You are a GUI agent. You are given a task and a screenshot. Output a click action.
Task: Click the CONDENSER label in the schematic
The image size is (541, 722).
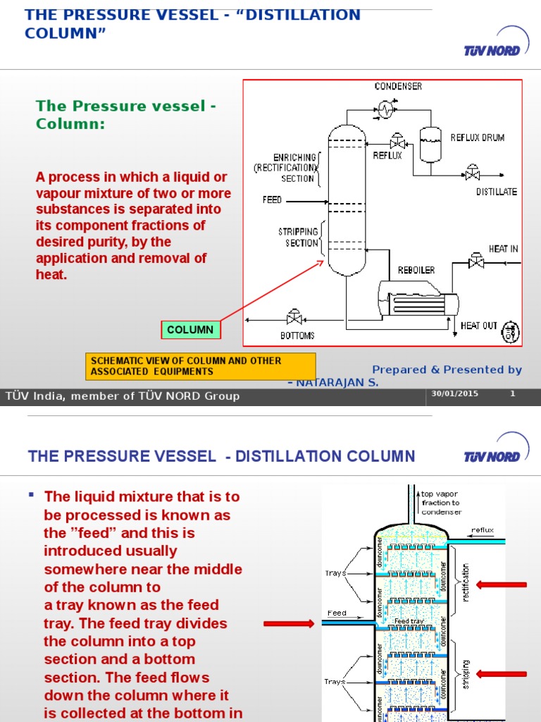click(x=398, y=86)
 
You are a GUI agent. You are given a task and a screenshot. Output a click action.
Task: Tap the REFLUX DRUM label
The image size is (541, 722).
click(x=477, y=137)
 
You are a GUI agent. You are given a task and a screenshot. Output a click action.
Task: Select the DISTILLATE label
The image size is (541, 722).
click(x=496, y=191)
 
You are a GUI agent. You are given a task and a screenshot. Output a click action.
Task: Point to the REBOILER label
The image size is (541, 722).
click(x=416, y=270)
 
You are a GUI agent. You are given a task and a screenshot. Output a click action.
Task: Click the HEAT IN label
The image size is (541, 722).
click(x=503, y=249)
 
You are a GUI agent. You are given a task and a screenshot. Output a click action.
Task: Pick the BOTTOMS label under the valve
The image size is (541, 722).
click(x=297, y=336)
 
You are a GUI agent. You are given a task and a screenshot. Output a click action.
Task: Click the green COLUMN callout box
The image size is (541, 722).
click(x=190, y=329)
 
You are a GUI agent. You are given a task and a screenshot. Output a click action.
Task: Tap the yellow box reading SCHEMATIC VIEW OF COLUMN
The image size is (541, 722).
click(x=200, y=365)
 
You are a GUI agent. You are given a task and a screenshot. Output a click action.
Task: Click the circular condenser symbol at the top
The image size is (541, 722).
click(x=385, y=109)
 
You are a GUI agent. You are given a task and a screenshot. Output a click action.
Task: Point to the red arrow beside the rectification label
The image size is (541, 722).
click(x=502, y=584)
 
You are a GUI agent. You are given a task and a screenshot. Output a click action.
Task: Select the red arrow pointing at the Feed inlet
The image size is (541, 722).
click(x=289, y=623)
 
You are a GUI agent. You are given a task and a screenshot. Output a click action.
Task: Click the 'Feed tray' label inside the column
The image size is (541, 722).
click(x=409, y=621)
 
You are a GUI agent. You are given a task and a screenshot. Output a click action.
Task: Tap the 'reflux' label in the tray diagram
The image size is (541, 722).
click(x=483, y=530)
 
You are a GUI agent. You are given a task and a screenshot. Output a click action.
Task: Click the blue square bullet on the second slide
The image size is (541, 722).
click(x=31, y=495)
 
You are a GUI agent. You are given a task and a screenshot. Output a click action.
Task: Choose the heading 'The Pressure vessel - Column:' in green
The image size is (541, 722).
click(x=125, y=114)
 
